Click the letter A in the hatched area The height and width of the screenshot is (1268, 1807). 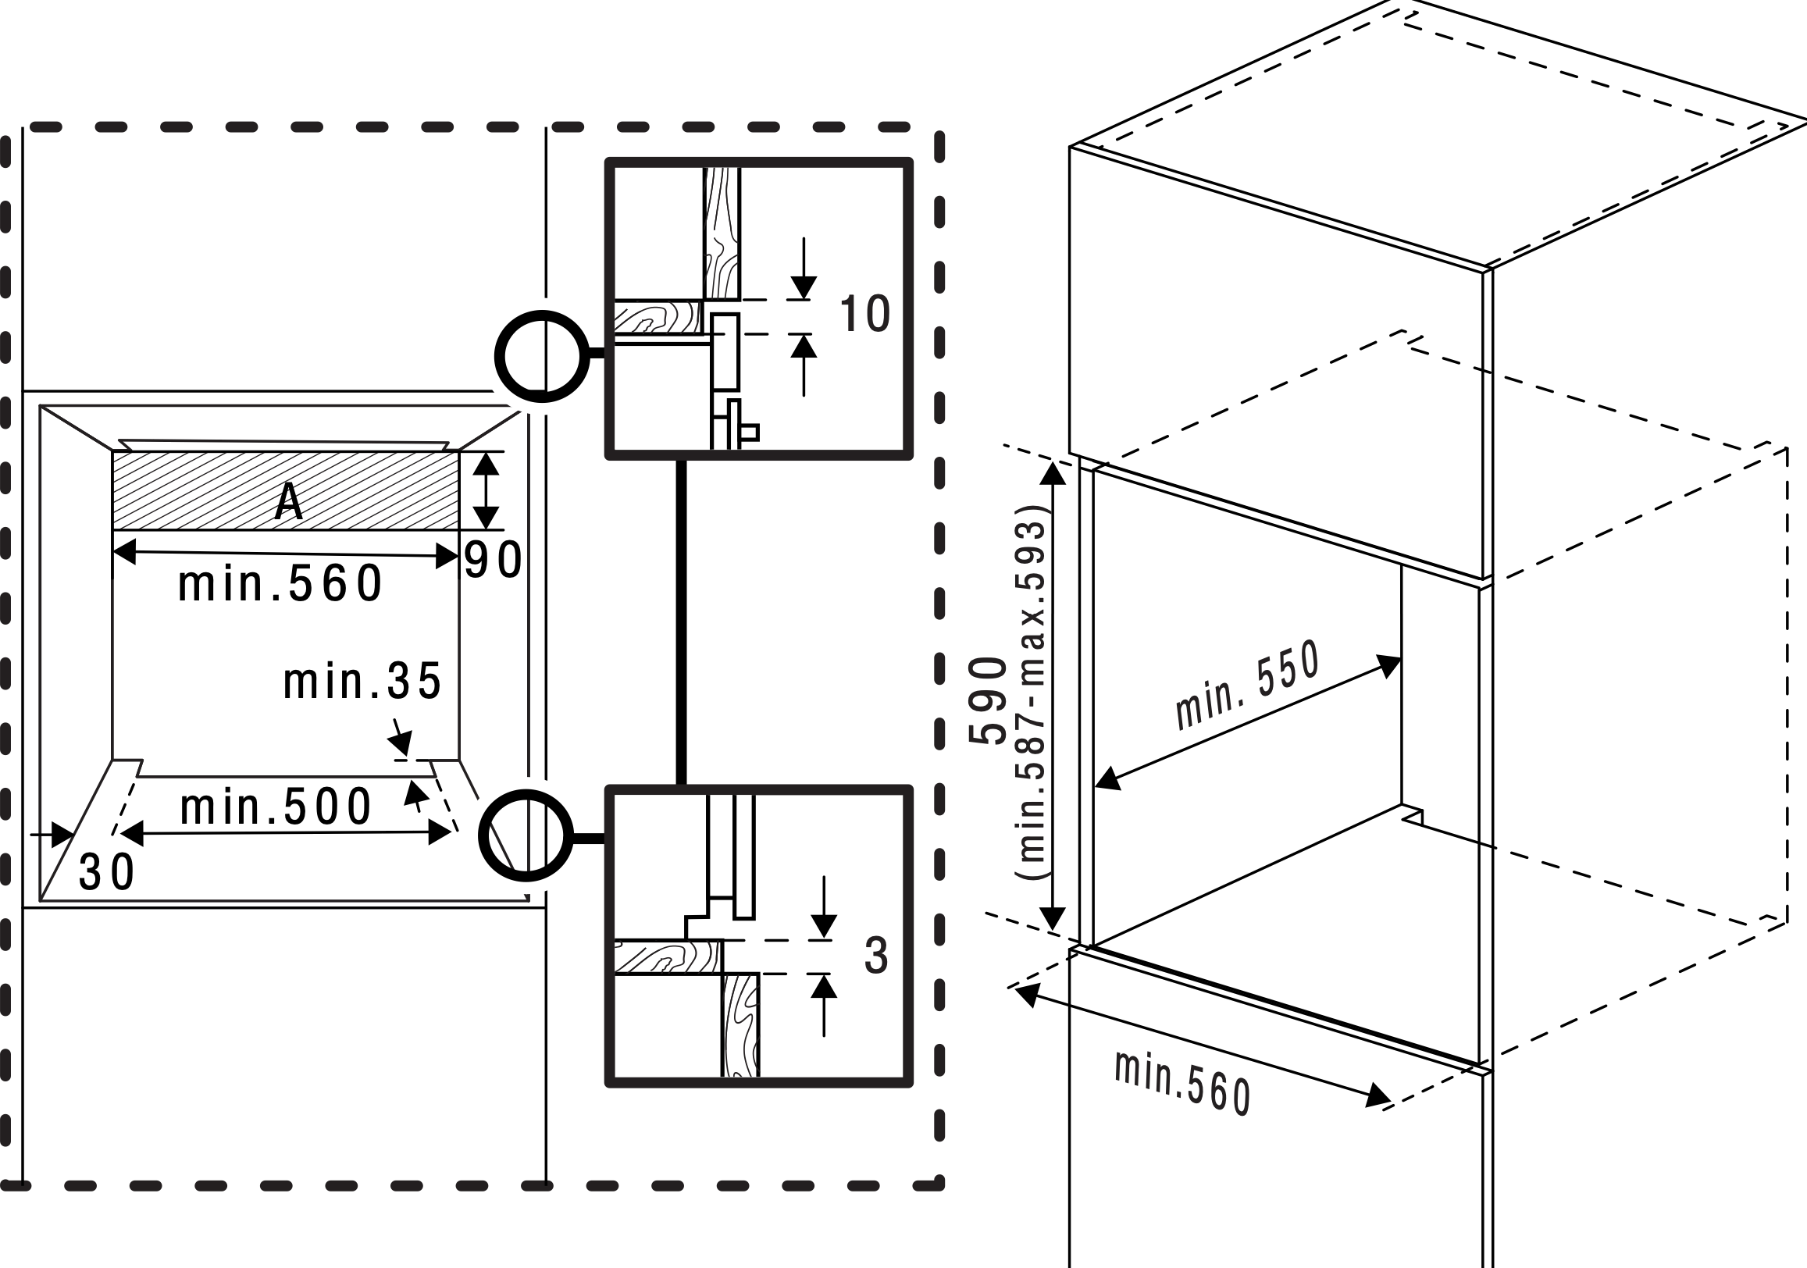point(289,500)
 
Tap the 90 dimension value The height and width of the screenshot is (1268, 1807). point(493,561)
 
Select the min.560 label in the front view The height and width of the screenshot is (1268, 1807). point(280,585)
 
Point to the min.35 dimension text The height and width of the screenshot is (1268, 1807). point(362,682)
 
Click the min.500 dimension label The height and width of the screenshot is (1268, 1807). point(276,807)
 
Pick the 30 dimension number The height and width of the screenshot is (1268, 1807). point(107,873)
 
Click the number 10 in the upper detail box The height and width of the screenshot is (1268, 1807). point(864,314)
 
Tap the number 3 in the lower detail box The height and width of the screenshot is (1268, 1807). point(876,956)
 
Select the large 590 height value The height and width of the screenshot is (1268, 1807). point(988,700)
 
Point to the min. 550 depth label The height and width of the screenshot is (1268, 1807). point(1246,686)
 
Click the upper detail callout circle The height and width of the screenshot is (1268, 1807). point(541,357)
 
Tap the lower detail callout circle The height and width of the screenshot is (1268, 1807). point(526,835)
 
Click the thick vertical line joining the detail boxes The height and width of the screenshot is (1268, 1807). point(681,622)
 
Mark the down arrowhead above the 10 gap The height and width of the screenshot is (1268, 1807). point(804,287)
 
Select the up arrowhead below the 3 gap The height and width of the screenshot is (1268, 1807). point(823,986)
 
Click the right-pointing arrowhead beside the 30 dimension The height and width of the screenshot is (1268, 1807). point(63,835)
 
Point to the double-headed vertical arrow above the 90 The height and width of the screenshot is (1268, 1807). point(486,490)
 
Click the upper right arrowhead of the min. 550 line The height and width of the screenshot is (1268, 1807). point(1388,666)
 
